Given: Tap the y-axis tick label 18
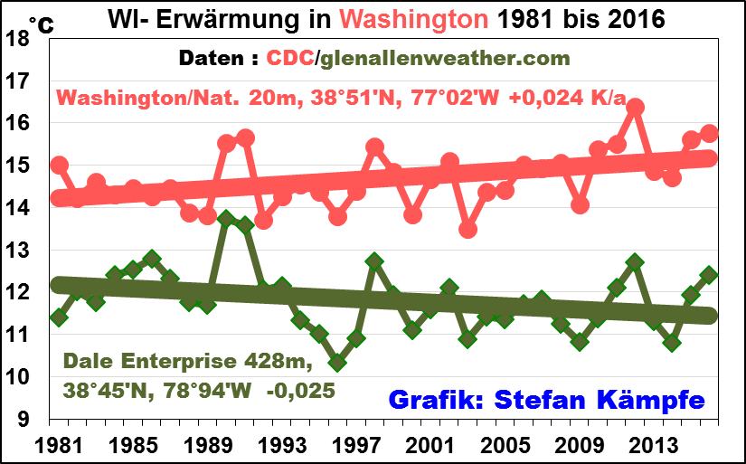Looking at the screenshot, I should click(x=21, y=39).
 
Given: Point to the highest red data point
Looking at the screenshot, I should click(x=635, y=107).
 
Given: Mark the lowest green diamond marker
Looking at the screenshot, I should click(x=337, y=362).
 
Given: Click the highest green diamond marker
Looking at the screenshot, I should click(x=226, y=219).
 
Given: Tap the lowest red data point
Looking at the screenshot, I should click(x=467, y=230).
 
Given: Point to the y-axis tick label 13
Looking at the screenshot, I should click(x=21, y=251).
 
